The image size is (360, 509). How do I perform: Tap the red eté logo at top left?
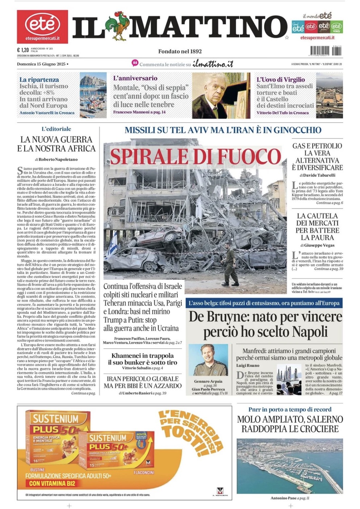42,26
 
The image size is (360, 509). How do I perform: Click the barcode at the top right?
326,51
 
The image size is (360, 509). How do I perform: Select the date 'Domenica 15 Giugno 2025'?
41,64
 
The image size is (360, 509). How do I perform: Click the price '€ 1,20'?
23,50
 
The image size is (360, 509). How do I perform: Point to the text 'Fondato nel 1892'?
180,51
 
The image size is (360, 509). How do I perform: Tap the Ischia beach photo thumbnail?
93,95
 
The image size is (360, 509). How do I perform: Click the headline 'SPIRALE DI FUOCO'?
196,156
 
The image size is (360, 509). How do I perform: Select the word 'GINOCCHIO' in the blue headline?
297,130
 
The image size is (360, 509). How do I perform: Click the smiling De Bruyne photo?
209,361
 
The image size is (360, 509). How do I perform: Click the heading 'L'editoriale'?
56,129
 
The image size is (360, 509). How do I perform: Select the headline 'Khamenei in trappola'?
142,356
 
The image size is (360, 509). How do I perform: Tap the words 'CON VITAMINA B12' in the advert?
53,483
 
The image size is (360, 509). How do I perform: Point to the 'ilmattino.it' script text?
213,64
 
